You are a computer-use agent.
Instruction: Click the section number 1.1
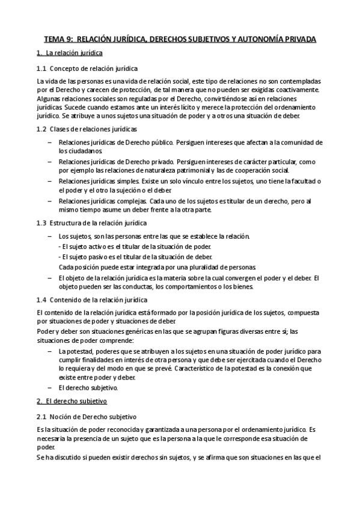pos(41,68)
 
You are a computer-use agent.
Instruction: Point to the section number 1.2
pos(41,129)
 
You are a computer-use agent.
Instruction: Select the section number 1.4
pos(41,299)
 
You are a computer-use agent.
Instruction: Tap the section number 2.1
pos(41,416)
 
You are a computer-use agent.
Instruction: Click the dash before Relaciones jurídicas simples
pos(49,181)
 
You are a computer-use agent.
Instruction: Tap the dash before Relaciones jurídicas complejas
pos(49,200)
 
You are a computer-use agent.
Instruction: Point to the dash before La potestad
pos(49,351)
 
